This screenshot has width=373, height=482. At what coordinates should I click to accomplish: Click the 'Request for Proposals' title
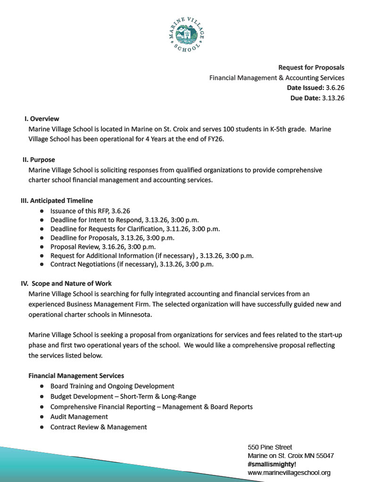(311, 67)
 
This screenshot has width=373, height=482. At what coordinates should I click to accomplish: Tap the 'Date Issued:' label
(305, 88)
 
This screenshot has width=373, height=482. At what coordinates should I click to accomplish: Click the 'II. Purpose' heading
(39, 160)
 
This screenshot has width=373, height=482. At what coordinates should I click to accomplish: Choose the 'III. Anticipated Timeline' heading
(57, 201)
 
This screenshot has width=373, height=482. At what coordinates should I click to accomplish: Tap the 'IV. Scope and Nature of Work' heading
(66, 283)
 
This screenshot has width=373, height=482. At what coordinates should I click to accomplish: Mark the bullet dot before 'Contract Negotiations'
(42, 265)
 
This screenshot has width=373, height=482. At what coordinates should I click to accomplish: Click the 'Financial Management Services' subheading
(76, 376)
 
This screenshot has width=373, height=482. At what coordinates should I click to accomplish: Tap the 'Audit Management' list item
(79, 417)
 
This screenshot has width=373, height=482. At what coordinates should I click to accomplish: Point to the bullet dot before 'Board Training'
(42, 386)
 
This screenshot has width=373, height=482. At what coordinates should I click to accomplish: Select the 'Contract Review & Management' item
(99, 427)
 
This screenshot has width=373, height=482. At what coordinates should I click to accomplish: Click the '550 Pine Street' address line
(270, 447)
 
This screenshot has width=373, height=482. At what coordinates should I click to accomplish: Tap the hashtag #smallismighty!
(272, 464)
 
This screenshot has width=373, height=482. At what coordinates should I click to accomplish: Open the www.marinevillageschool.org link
(289, 473)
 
